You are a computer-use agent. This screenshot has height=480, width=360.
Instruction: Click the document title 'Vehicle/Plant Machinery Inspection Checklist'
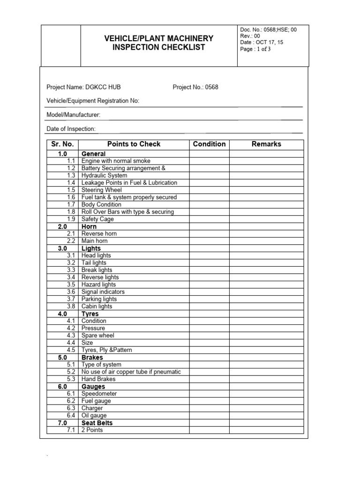tap(158, 43)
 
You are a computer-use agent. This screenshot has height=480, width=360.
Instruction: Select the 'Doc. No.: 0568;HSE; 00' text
tap(268, 30)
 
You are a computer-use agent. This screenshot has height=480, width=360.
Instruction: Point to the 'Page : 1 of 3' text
tap(255, 49)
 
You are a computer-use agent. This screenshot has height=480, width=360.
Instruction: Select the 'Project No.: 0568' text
tap(195, 87)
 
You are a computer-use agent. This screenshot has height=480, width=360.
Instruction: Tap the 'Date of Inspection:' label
tap(71, 129)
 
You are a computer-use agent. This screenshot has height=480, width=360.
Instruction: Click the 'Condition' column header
tap(209, 144)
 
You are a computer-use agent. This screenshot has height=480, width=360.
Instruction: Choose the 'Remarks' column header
tap(266, 144)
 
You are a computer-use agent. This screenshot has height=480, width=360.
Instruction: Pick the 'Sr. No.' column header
tap(62, 144)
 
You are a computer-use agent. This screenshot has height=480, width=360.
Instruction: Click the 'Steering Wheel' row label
tap(101, 190)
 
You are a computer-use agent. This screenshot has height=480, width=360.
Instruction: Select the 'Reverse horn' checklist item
tap(99, 234)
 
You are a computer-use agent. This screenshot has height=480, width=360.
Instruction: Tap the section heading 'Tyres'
tap(90, 314)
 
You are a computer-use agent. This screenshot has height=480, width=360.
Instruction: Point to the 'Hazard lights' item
tap(98, 285)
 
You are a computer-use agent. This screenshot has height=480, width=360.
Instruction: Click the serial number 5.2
tap(71, 372)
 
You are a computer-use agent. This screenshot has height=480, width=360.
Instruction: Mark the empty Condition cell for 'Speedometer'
tap(209, 394)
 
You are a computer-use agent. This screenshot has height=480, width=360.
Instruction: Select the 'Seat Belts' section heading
tap(97, 423)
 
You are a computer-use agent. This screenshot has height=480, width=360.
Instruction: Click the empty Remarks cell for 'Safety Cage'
tap(266, 219)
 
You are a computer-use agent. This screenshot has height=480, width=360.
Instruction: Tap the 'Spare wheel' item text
tap(97, 336)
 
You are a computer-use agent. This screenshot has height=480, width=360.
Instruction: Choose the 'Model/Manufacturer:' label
tap(73, 115)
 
